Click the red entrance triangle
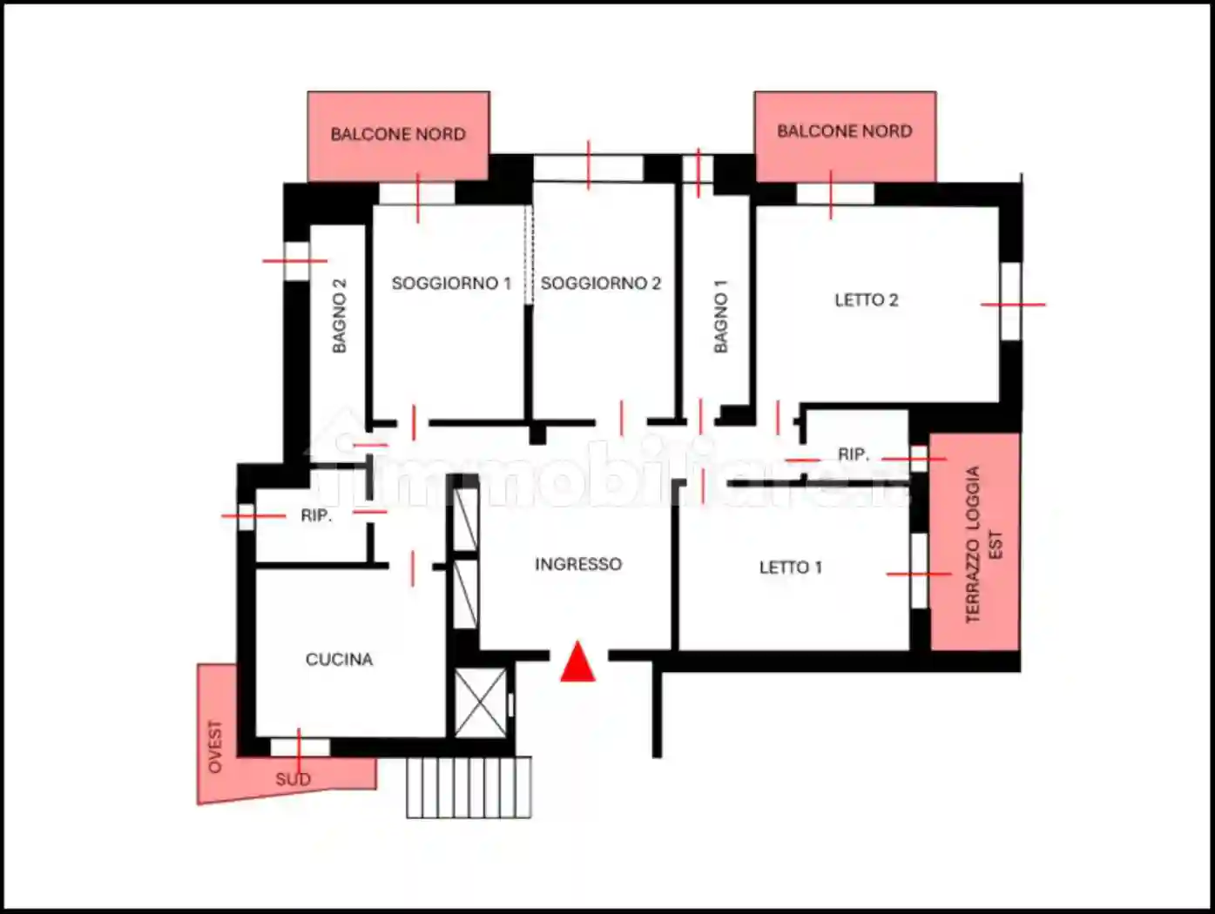click(577, 662)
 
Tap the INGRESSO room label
click(578, 564)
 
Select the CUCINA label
click(340, 660)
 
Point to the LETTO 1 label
click(791, 568)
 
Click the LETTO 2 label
click(867, 300)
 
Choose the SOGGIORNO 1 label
click(451, 283)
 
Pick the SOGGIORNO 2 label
click(601, 283)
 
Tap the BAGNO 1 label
click(720, 317)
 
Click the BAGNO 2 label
click(340, 315)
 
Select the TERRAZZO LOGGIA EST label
click(983, 545)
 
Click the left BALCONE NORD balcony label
click(398, 134)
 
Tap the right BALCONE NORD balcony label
click(845, 131)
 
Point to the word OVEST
click(215, 747)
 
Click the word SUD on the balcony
click(293, 780)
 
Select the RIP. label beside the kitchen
click(316, 516)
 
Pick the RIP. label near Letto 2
click(854, 454)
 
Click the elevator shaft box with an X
click(481, 702)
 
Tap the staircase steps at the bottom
click(469, 787)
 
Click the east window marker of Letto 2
click(1013, 305)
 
